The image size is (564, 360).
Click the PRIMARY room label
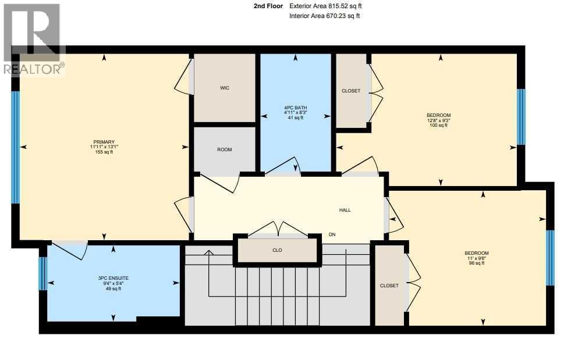(104, 142)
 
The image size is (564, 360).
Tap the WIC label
(225, 88)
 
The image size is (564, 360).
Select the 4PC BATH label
(295, 108)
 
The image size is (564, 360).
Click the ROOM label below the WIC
(225, 149)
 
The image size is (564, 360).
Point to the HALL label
(345, 210)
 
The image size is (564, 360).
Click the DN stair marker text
(332, 235)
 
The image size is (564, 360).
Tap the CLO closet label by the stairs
(277, 250)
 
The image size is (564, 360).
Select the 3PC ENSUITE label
(113, 279)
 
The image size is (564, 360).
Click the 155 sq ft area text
(104, 152)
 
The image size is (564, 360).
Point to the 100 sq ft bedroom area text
(438, 125)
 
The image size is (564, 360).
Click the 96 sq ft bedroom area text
(476, 263)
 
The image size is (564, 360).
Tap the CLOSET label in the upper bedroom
(351, 91)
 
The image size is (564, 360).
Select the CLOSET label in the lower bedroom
(389, 286)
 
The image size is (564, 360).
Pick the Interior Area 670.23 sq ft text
(325, 16)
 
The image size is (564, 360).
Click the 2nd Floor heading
(268, 6)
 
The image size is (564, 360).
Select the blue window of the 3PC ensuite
(42, 273)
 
